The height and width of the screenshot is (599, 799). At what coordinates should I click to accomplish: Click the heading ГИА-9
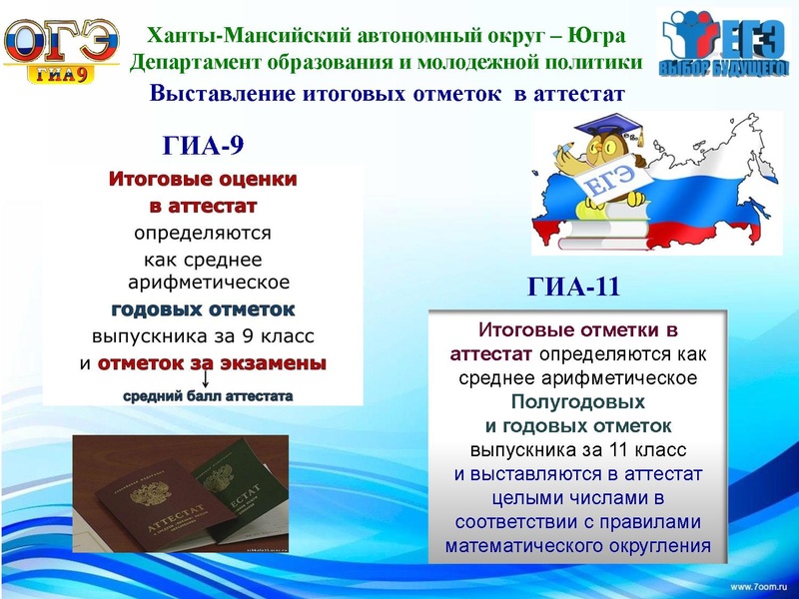pos(203,147)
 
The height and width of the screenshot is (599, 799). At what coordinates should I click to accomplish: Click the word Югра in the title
pos(595,36)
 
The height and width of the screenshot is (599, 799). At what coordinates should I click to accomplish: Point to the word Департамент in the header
pos(192,62)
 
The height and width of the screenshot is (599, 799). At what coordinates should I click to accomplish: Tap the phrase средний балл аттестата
pos(208,397)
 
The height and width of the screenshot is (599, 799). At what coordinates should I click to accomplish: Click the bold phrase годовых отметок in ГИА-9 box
pos(203,308)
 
